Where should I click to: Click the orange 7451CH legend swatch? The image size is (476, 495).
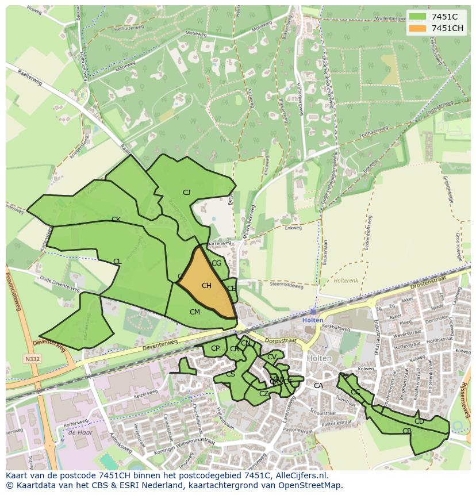point(418,28)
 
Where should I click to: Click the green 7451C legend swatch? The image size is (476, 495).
point(418,17)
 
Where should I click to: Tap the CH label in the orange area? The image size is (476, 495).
point(206,286)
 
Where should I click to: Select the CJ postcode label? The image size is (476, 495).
point(186,193)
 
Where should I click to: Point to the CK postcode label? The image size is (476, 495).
point(116,220)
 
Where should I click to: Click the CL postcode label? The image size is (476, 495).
point(117,262)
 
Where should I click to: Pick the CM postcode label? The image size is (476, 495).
point(195,312)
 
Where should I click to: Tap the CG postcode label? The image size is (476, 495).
point(216,263)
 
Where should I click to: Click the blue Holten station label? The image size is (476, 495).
point(313,320)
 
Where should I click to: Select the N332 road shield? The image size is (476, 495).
point(32,359)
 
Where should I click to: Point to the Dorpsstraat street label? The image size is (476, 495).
point(281,340)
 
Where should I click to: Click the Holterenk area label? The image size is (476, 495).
point(347,281)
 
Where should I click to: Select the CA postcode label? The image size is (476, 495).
point(318,386)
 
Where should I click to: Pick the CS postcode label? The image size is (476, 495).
point(230,374)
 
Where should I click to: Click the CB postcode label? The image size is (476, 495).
point(407,431)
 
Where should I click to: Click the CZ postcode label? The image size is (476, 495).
point(264,394)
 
